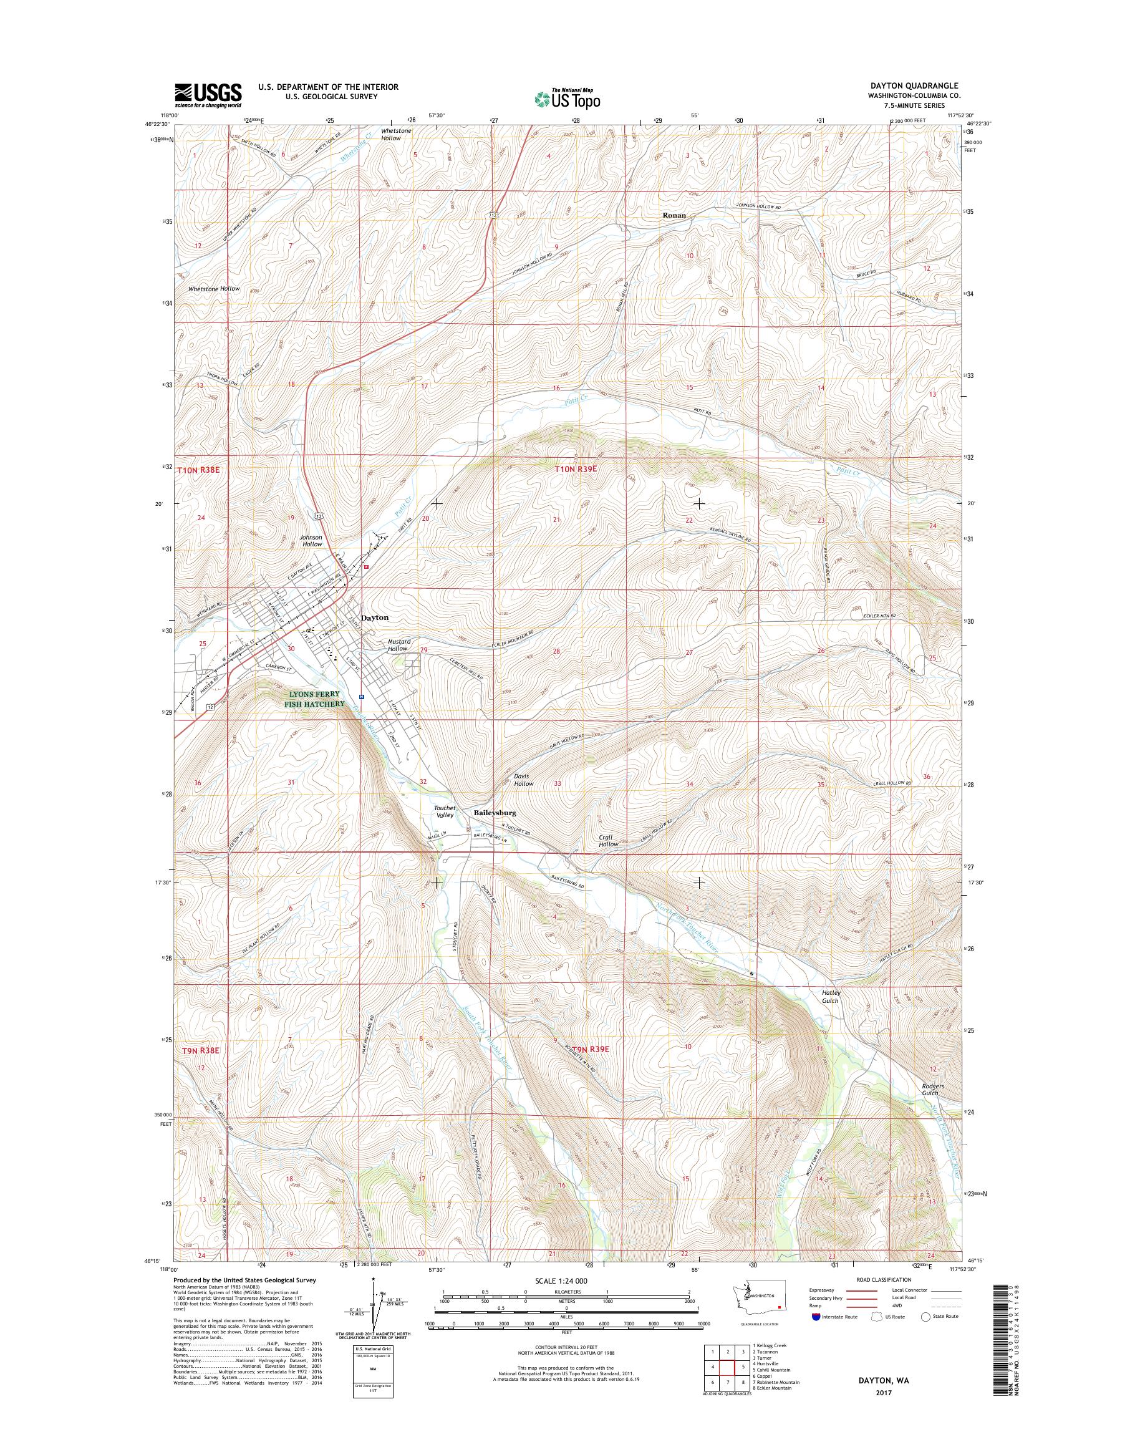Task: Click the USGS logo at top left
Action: [208, 95]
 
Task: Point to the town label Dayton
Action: [374, 617]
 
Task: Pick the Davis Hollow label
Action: [523, 780]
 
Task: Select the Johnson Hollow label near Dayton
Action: [311, 540]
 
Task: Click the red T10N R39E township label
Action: [576, 468]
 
